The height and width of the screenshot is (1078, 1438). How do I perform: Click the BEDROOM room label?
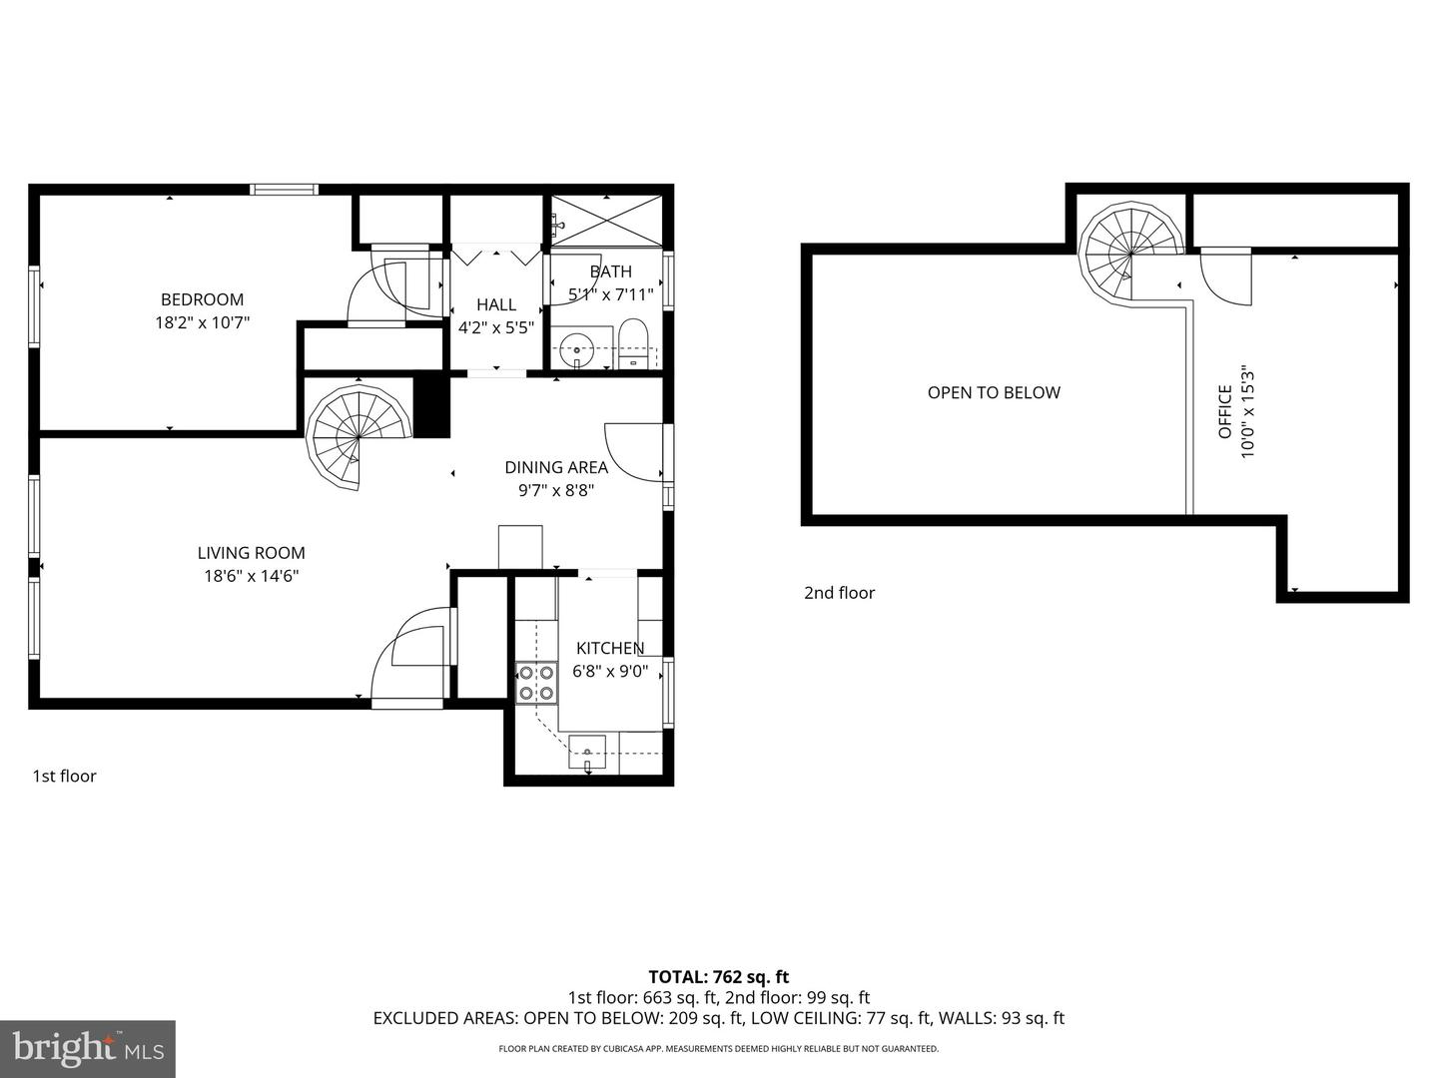point(202,299)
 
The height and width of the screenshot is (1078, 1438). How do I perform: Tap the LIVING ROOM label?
point(251,553)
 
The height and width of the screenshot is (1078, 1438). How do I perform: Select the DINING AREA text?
point(555,467)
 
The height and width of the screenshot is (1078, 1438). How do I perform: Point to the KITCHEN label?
point(609,648)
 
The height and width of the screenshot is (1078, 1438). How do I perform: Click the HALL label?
point(496,304)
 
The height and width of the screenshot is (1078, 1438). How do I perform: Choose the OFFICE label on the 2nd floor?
point(1225,413)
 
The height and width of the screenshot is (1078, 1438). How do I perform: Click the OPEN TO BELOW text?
point(994,392)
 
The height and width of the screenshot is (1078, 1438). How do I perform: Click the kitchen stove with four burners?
point(535,684)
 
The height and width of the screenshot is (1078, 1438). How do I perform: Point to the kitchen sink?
point(587,751)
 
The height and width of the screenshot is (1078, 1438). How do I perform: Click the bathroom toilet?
point(633,342)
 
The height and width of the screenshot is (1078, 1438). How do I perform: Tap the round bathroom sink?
point(577,350)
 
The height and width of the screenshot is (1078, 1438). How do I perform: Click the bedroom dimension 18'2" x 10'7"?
point(202,322)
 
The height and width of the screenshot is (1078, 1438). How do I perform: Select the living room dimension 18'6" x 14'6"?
point(251,576)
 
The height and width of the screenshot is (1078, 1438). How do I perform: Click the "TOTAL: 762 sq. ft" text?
point(718,977)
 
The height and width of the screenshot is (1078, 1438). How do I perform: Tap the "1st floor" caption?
point(65,777)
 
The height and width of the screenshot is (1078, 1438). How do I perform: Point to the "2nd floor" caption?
point(839,593)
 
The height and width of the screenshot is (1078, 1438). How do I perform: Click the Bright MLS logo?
point(88,1048)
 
